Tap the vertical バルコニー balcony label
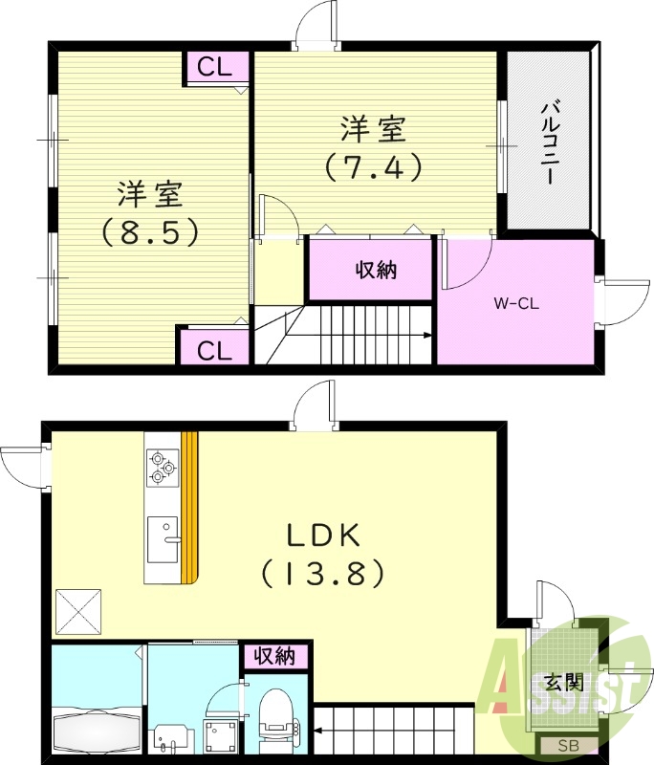tap(550, 142)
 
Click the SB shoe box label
tap(566, 745)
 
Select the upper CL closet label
tap(216, 67)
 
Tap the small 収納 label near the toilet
tap(274, 657)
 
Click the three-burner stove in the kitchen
tap(162, 469)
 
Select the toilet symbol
tap(276, 715)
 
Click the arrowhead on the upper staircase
tap(426, 335)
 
